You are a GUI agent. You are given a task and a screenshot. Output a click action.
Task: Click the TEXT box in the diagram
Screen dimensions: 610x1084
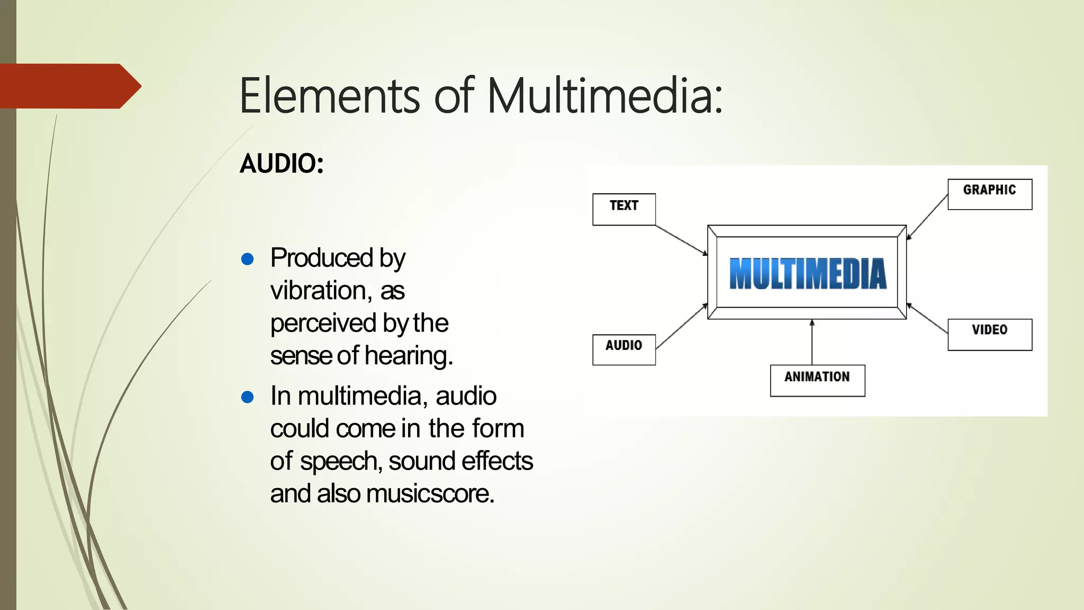[x=624, y=209]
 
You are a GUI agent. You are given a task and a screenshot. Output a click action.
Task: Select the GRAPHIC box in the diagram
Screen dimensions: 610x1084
[x=989, y=194]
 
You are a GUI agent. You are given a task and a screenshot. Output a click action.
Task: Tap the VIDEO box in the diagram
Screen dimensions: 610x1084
[x=989, y=334]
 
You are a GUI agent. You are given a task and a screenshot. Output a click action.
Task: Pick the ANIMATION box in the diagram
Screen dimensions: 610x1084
[x=817, y=380]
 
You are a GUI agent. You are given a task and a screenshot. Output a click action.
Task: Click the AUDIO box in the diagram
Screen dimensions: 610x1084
[x=624, y=349]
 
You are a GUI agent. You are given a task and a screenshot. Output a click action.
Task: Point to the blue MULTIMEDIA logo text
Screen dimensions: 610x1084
[x=807, y=274]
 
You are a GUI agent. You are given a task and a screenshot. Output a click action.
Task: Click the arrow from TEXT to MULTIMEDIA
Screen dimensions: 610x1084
[x=681, y=240]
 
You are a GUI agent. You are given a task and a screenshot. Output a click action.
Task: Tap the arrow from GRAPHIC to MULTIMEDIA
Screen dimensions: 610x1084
[x=927, y=217]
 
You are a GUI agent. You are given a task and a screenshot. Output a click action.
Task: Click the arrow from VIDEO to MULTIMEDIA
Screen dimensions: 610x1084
[x=927, y=318]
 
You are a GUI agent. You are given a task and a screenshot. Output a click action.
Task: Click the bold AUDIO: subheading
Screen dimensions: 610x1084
[x=282, y=163]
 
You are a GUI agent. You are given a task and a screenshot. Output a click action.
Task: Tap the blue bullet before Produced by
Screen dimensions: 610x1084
[x=247, y=259]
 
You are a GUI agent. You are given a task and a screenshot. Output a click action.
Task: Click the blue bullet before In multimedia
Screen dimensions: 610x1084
[x=247, y=397]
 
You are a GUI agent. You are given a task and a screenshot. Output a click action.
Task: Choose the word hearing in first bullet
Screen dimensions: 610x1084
[x=409, y=355]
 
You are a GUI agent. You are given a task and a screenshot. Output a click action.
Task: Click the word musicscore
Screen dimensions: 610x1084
[x=430, y=494]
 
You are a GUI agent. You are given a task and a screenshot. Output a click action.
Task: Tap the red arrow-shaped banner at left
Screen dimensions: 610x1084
[x=69, y=86]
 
